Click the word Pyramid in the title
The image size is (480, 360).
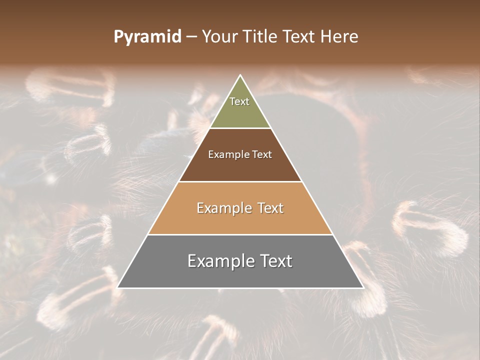[x=147, y=37]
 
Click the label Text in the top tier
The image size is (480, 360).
[x=239, y=101]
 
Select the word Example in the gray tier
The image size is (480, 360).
[x=217, y=261]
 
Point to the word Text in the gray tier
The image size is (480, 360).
[x=275, y=261]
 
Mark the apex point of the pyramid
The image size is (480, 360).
[x=240, y=75]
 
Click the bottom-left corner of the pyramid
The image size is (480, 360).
[x=118, y=287]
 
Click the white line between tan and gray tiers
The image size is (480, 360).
[x=240, y=234]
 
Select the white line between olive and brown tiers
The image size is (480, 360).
[x=240, y=128]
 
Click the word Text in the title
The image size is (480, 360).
[x=299, y=37]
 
